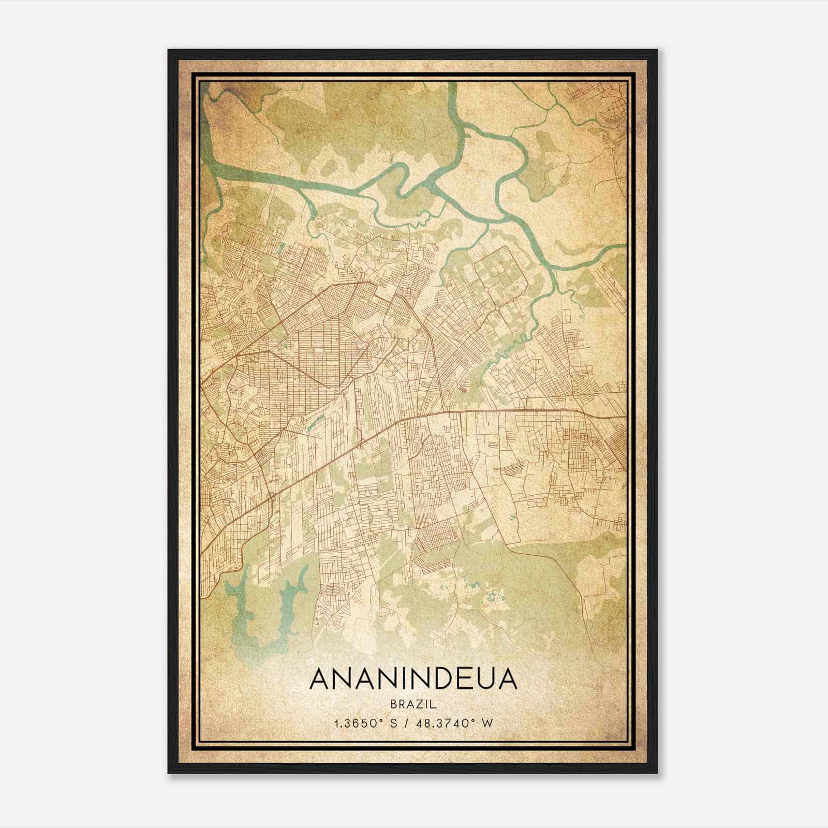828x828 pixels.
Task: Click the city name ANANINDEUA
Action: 413,679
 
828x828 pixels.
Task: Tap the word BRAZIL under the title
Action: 413,704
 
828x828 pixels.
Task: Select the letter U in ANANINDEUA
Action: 479,679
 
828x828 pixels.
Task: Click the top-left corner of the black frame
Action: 169,51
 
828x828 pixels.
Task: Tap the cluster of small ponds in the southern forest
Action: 492,595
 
